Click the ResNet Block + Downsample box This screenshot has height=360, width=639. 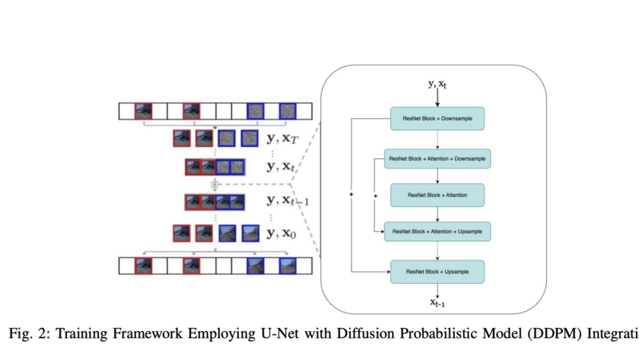click(437, 119)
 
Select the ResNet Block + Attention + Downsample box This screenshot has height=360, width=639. click(437, 158)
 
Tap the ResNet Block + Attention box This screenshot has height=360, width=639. click(437, 195)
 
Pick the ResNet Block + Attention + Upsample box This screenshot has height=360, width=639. click(437, 230)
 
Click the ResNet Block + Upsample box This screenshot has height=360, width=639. click(437, 271)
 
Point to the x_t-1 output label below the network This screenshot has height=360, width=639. click(437, 303)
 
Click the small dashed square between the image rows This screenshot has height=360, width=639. click(215, 184)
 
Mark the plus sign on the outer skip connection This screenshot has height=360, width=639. click(351, 196)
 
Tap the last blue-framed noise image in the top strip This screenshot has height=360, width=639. click(288, 111)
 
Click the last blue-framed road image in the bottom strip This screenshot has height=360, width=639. click(288, 265)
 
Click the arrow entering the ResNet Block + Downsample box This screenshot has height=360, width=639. click(437, 99)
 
